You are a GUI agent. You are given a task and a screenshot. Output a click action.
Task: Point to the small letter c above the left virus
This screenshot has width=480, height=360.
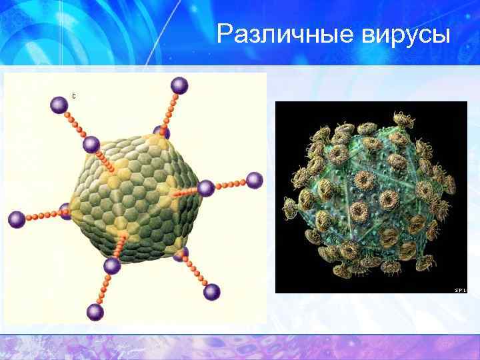point(74,97)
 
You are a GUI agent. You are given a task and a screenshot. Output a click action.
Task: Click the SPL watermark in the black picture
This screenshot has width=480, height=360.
point(460,290)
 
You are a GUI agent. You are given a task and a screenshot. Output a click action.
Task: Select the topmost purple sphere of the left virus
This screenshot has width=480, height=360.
point(179,85)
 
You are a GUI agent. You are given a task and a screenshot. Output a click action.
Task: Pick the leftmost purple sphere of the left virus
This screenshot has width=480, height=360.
point(17,219)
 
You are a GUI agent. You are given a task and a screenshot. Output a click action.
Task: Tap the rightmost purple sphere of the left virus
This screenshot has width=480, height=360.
point(255,180)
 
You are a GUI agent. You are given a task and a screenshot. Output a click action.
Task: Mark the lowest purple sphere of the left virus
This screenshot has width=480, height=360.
point(95,312)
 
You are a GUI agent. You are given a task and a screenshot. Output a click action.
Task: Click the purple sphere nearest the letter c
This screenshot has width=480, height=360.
point(59,104)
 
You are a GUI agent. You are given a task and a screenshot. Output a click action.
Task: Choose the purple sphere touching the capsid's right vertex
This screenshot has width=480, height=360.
point(206,188)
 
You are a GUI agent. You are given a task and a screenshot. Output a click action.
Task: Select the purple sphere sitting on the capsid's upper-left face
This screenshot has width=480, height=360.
point(91,145)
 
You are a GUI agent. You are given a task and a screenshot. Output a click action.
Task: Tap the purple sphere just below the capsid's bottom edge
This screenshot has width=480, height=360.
point(112,266)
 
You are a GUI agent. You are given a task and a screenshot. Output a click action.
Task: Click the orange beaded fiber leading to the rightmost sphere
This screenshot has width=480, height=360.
point(231,184)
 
